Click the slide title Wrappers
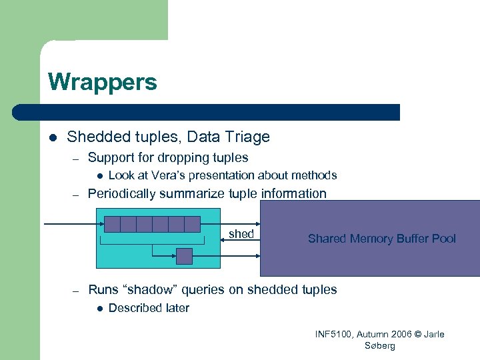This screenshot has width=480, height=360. [x=102, y=83]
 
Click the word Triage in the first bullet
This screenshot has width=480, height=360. [x=248, y=137]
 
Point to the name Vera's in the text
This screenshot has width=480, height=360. [x=167, y=175]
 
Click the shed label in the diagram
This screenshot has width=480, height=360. [x=241, y=234]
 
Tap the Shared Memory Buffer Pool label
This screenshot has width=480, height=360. [x=381, y=239]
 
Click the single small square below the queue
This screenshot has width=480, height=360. [x=184, y=256]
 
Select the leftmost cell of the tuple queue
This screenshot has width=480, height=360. [x=112, y=224]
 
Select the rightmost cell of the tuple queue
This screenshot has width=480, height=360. [x=192, y=224]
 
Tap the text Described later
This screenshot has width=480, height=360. [x=149, y=308]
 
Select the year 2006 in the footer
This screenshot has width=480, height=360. [x=400, y=334]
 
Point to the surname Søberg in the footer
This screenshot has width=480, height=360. [x=380, y=345]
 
